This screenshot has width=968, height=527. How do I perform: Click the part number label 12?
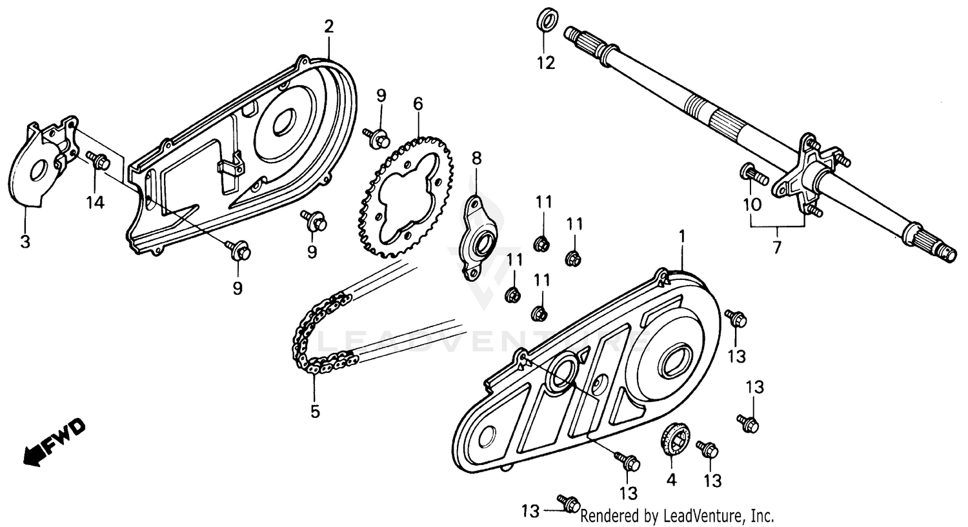tap(546, 63)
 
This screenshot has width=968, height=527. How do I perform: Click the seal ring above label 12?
tap(546, 18)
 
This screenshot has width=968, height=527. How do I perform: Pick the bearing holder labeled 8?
tap(481, 238)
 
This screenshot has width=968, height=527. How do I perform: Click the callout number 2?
tap(329, 26)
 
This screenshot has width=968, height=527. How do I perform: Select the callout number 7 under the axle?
tap(776, 246)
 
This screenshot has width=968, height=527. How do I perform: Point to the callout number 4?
tap(671, 480)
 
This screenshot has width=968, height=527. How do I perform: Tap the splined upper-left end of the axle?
tap(584, 37)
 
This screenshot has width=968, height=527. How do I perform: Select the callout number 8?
tap(476, 157)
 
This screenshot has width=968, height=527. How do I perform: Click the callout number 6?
tap(418, 103)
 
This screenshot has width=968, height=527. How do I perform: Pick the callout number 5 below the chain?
tap(315, 411)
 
